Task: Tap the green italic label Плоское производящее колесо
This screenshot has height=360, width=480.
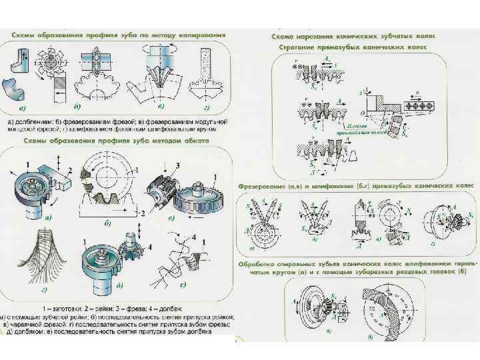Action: click(x=365, y=128)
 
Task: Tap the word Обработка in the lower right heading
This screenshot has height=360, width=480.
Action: click(x=260, y=263)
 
